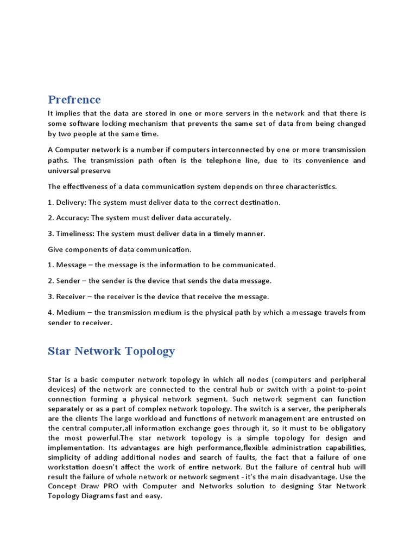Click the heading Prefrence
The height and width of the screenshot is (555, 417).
point(74,100)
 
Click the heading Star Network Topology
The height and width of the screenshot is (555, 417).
point(111,351)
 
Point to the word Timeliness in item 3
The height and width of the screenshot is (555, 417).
point(75,234)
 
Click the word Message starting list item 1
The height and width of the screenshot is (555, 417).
point(71,265)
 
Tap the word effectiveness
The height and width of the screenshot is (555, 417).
point(88,186)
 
